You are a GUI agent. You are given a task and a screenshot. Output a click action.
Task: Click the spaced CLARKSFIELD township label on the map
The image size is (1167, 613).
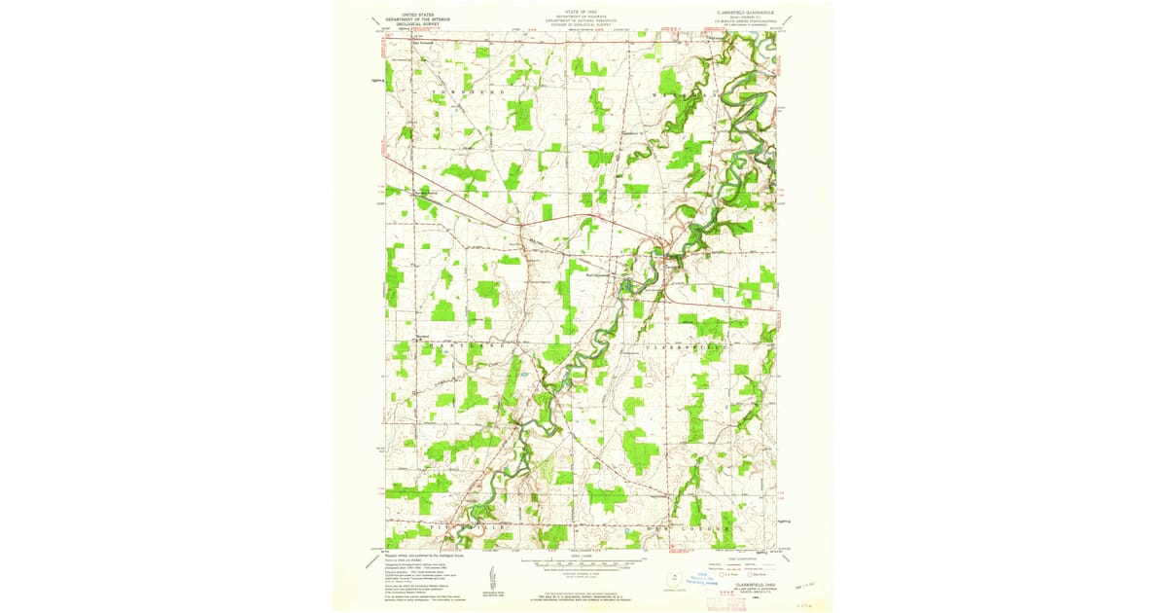coord(681,345)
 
